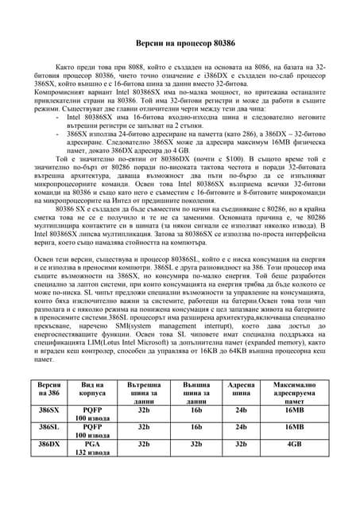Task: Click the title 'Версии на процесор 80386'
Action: (x=179, y=41)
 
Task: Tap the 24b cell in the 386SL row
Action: (x=242, y=428)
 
